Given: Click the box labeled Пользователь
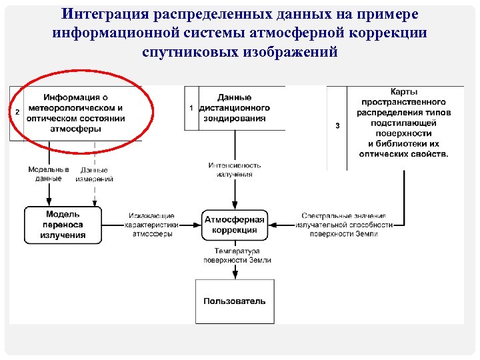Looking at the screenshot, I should pyautogui.click(x=234, y=301).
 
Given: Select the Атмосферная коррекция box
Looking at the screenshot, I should pyautogui.click(x=234, y=225).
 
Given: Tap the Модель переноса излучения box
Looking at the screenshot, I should pyautogui.click(x=63, y=225).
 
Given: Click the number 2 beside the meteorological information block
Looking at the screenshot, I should pyautogui.click(x=17, y=112).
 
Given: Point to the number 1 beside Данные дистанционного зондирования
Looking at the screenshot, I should pyautogui.click(x=191, y=108).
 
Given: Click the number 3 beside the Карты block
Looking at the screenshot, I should pyautogui.click(x=337, y=125).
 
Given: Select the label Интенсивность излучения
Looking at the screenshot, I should pyautogui.click(x=234, y=169).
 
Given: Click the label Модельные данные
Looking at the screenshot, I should pyautogui.click(x=49, y=174).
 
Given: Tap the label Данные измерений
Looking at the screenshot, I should pyautogui.click(x=94, y=174).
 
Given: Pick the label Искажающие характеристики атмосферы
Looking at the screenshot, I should pyautogui.click(x=153, y=225).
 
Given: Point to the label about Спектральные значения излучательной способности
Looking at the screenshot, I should pyautogui.click(x=343, y=225).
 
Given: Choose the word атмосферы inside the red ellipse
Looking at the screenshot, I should pyautogui.click(x=75, y=129).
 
